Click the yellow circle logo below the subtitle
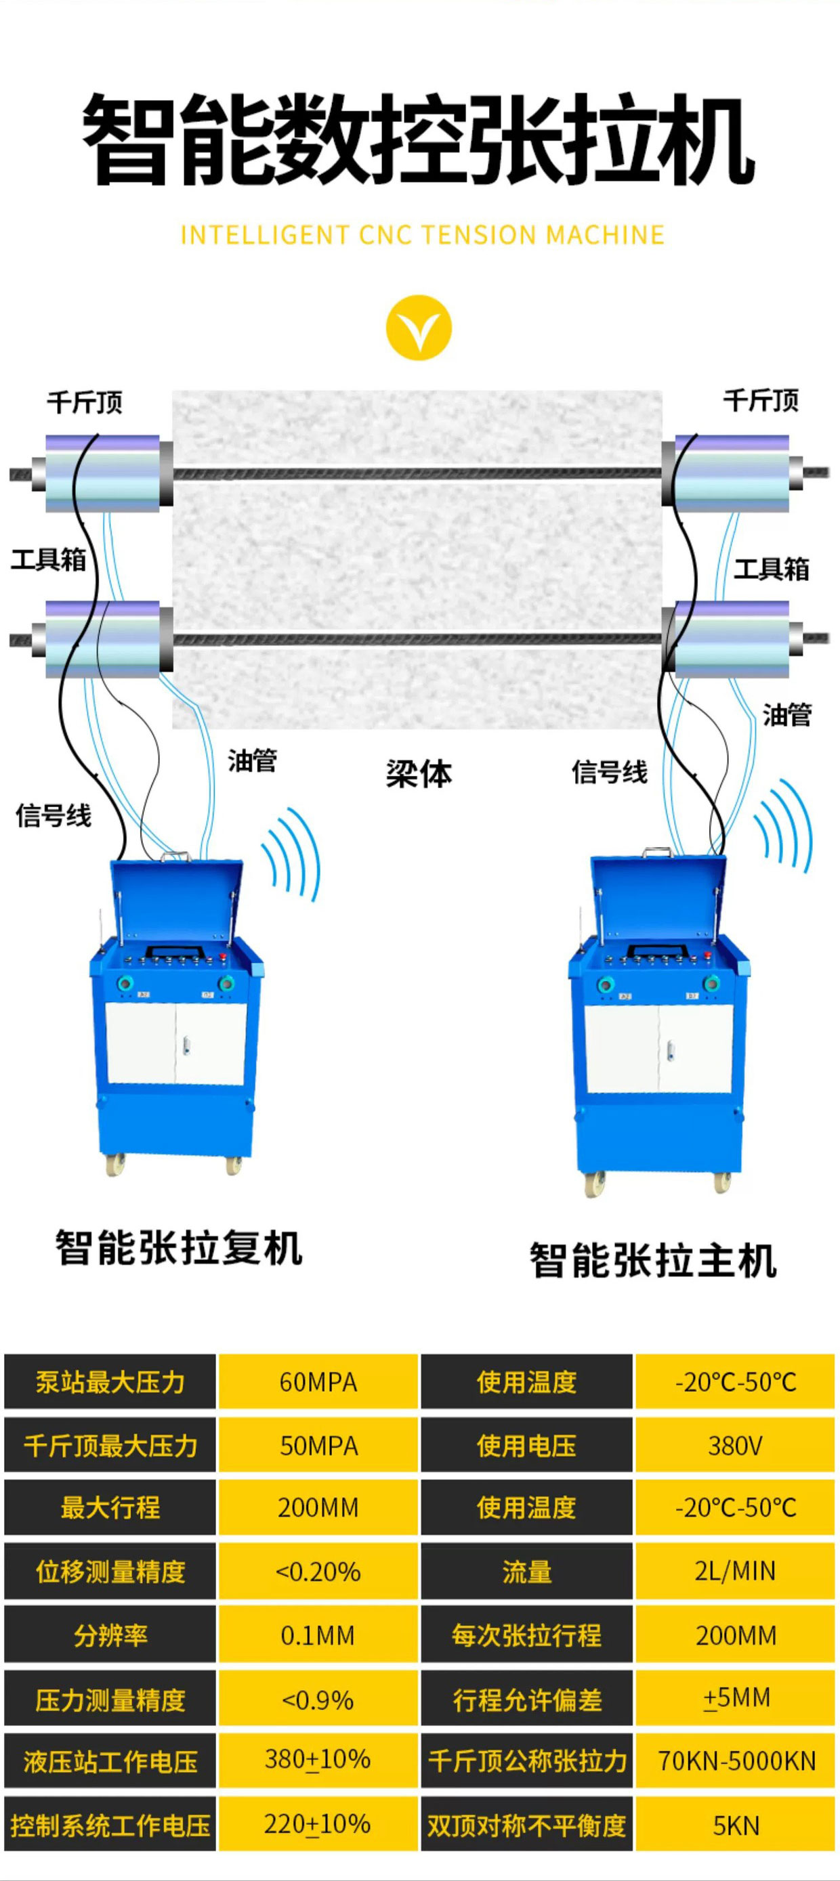pyautogui.click(x=419, y=327)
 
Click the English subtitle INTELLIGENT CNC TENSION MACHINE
pyautogui.click(x=422, y=234)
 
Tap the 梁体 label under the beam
pyautogui.click(x=419, y=774)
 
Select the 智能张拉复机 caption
pyautogui.click(x=179, y=1247)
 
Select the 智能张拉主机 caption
pyautogui.click(x=653, y=1260)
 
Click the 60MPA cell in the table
pyautogui.click(x=318, y=1381)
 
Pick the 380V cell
pyautogui.click(x=735, y=1445)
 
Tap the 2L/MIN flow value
pyautogui.click(x=735, y=1571)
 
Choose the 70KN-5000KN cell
pyautogui.click(x=735, y=1760)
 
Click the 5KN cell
pyautogui.click(x=735, y=1825)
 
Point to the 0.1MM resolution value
pyautogui.click(x=318, y=1635)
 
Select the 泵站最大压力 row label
pyautogui.click(x=110, y=1381)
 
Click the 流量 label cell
pyautogui.click(x=526, y=1571)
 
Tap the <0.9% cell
pyautogui.click(x=318, y=1699)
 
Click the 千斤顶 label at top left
pyautogui.click(x=85, y=402)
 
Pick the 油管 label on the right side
pyautogui.click(x=787, y=714)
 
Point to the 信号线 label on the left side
pyautogui.click(x=54, y=815)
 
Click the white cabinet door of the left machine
pyautogui.click(x=175, y=1043)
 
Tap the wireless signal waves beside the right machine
pyautogui.click(x=784, y=825)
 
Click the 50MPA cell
pyautogui.click(x=318, y=1445)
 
